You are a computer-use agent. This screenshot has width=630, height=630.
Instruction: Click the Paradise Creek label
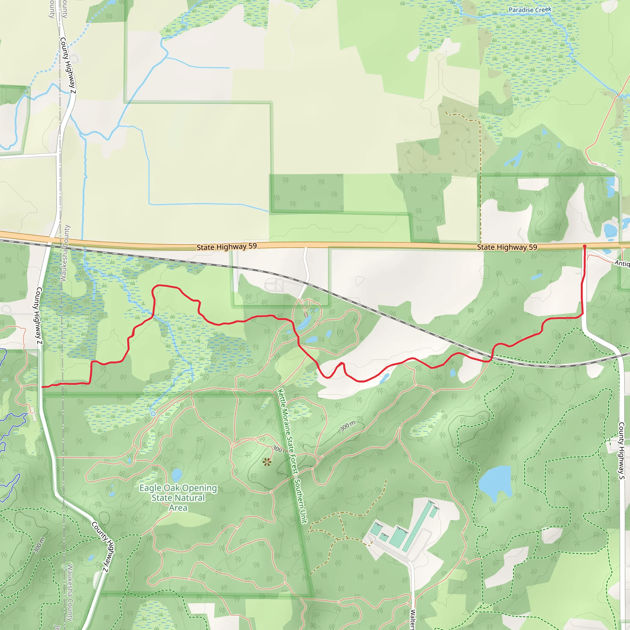point(530,10)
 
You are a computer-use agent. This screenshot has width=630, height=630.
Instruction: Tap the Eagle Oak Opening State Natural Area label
point(178,498)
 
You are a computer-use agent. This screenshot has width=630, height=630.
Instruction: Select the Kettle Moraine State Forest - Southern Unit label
point(292,456)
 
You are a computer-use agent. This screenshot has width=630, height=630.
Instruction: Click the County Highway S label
point(621,451)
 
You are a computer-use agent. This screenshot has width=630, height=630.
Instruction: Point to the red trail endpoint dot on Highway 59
point(585,246)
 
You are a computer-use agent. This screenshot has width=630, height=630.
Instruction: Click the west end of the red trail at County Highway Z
point(43,387)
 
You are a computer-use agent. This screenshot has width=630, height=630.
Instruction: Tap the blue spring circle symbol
point(153,413)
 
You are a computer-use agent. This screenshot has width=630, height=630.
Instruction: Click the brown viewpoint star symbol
point(267,462)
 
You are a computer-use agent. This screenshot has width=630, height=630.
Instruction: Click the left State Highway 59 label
point(227,247)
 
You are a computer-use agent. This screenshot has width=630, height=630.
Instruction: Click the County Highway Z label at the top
point(68,66)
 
